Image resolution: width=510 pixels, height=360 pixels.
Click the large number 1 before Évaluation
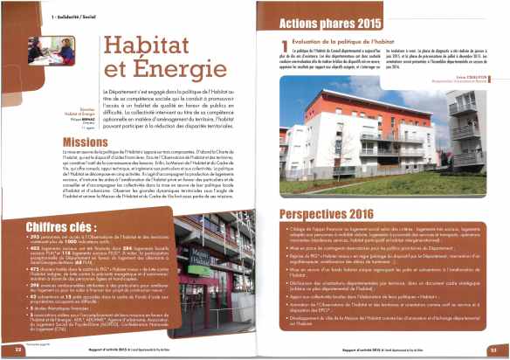pos(285,46)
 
